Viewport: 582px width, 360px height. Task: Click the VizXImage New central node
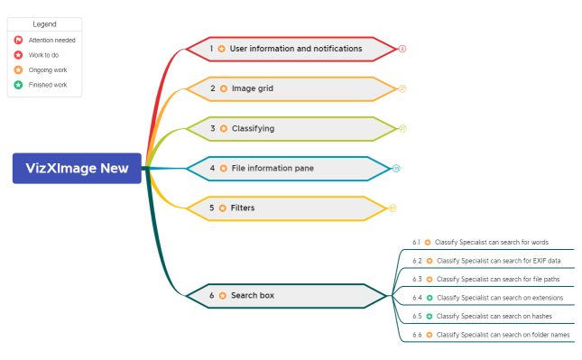click(77, 168)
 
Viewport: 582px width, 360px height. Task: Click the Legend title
click(44, 24)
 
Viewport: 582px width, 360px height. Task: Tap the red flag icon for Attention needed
click(18, 40)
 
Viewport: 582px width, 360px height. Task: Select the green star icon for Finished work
click(18, 85)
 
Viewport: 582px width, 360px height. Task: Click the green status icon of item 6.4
click(429, 298)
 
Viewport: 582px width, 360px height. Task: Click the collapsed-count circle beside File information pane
click(396, 168)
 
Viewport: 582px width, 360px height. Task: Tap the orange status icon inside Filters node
click(222, 208)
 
